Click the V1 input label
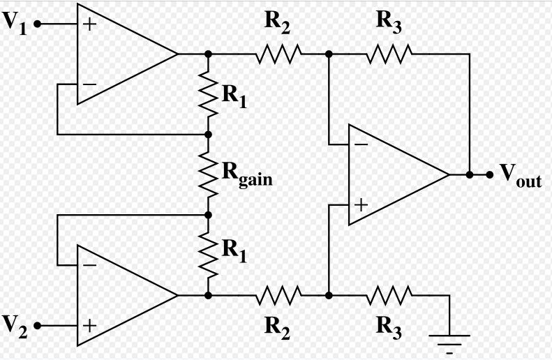[x=15, y=23]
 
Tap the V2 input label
[x=15, y=327]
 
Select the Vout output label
[x=521, y=174]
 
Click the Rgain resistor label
[x=247, y=174]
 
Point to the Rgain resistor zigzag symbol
[x=209, y=174]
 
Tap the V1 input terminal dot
[x=37, y=24]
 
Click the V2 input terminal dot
[x=37, y=326]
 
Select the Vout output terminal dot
[x=489, y=174]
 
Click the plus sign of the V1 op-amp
[x=89, y=24]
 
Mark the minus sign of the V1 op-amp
[x=89, y=84]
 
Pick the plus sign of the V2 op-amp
[x=89, y=326]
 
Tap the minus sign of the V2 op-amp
[x=89, y=265]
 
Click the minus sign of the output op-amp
[x=361, y=144]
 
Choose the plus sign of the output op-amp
[x=361, y=205]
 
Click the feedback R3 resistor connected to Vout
[x=389, y=54]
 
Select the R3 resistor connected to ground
[x=389, y=295]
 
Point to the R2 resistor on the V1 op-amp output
[x=278, y=54]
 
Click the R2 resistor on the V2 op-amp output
[x=278, y=295]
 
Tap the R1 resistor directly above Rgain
[x=209, y=94]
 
